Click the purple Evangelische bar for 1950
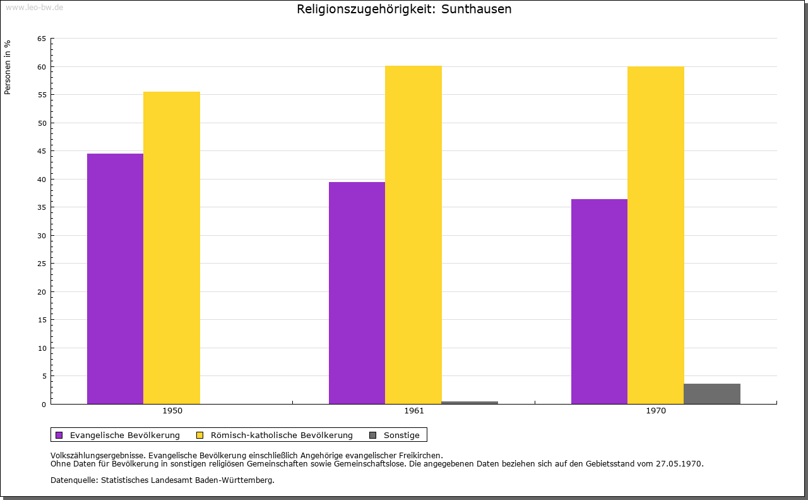(x=115, y=278)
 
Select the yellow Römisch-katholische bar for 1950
(x=172, y=248)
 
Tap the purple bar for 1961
(x=357, y=293)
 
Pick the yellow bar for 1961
(x=413, y=235)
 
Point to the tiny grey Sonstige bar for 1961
(x=470, y=403)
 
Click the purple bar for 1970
(x=599, y=302)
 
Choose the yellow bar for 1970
(x=655, y=235)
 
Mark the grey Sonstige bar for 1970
(x=712, y=394)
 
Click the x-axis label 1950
(x=172, y=411)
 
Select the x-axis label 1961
(x=414, y=411)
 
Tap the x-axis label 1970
(x=656, y=411)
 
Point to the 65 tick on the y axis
(x=42, y=39)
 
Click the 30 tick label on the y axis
(x=42, y=236)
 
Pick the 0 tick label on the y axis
(x=44, y=405)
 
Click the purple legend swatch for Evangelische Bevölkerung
(x=59, y=435)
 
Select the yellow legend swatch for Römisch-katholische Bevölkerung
(x=200, y=435)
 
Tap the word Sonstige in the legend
(x=401, y=435)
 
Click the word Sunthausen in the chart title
(x=477, y=9)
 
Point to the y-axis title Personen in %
(x=8, y=67)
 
